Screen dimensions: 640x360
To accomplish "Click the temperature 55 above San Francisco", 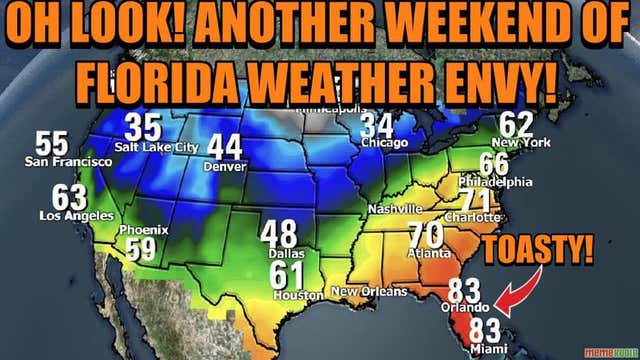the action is click(52, 143).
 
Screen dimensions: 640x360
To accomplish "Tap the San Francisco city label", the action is click(54, 161).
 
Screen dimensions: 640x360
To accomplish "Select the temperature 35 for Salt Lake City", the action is click(144, 129).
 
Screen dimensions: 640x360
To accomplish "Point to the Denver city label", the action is click(223, 166).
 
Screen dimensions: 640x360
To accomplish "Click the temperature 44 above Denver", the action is click(224, 148).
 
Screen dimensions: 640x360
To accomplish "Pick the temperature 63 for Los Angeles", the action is click(70, 197).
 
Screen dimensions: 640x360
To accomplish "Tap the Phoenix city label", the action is click(142, 230).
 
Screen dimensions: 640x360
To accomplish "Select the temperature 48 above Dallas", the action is click(279, 234).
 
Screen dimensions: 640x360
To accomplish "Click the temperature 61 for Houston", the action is click(286, 274).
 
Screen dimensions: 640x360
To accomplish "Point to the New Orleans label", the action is click(370, 292).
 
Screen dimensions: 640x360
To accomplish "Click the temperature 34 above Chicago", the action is click(377, 126).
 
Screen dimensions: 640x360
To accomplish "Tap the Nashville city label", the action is click(395, 208).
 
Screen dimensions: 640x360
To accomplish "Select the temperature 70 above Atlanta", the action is click(426, 235).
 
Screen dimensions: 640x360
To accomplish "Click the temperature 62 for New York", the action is click(516, 125).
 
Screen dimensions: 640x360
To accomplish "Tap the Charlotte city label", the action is click(473, 217).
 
